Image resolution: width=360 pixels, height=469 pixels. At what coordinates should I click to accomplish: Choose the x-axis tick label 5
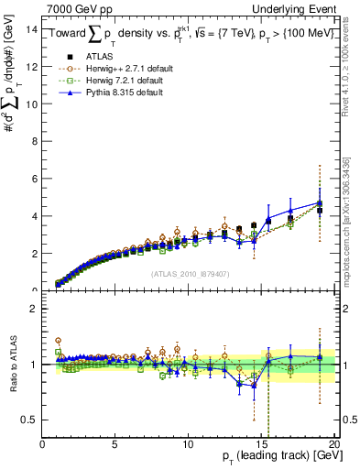115,444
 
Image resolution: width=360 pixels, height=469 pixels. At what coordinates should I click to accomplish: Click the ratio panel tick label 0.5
29,420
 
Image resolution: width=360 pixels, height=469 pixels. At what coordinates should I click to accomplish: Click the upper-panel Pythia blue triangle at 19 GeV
320,202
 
